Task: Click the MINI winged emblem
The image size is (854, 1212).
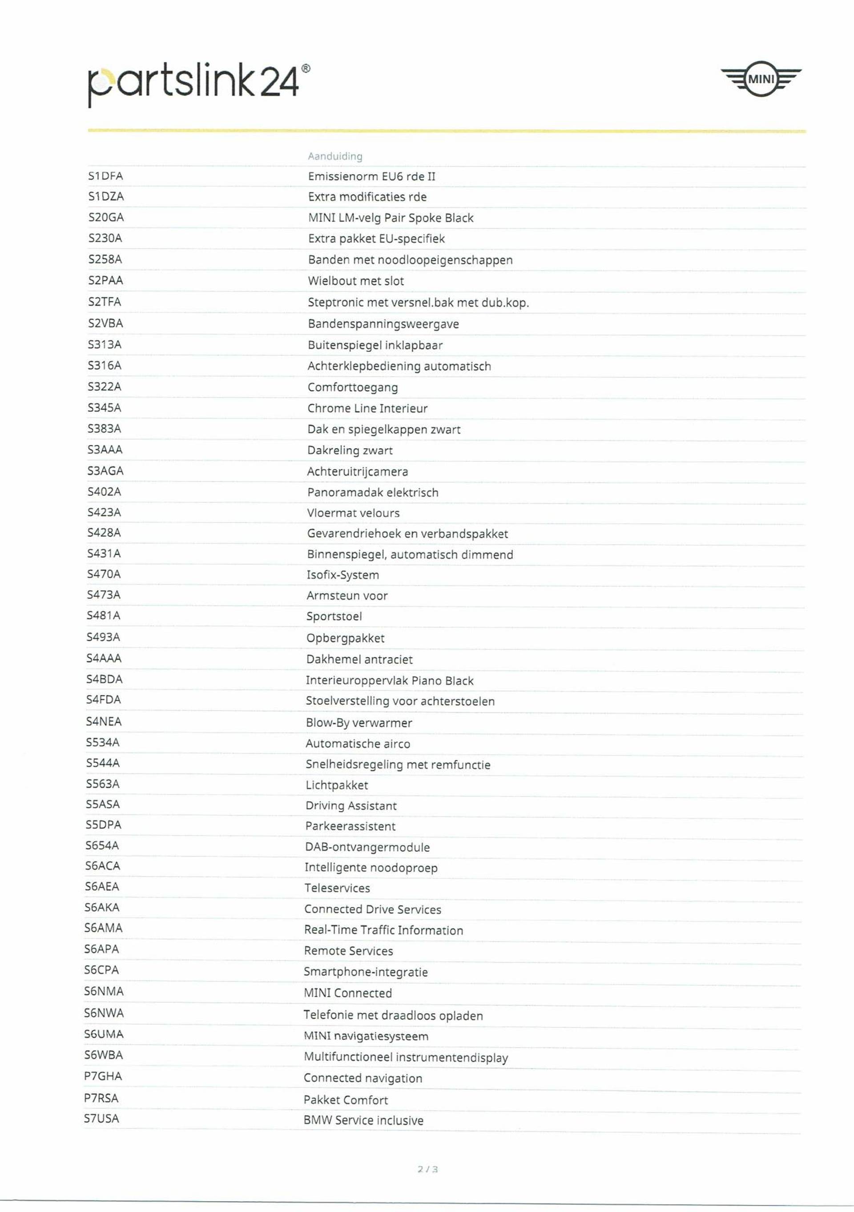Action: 761,79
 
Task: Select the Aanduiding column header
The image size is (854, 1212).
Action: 335,156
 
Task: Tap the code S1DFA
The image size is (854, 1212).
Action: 105,176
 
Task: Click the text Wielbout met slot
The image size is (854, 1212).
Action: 356,281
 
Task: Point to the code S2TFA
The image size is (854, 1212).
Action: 105,302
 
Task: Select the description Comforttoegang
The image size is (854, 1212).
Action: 353,387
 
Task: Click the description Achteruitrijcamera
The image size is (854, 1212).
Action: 357,471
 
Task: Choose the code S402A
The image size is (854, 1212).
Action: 104,492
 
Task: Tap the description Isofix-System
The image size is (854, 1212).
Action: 342,575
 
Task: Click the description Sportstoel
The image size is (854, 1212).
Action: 334,616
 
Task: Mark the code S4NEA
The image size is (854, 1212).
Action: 104,721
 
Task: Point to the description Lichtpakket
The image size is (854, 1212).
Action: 337,785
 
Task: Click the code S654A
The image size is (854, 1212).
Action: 102,846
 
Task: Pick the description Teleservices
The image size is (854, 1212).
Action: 337,888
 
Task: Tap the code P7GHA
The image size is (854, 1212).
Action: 103,1076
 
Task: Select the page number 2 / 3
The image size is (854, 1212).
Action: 427,1169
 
